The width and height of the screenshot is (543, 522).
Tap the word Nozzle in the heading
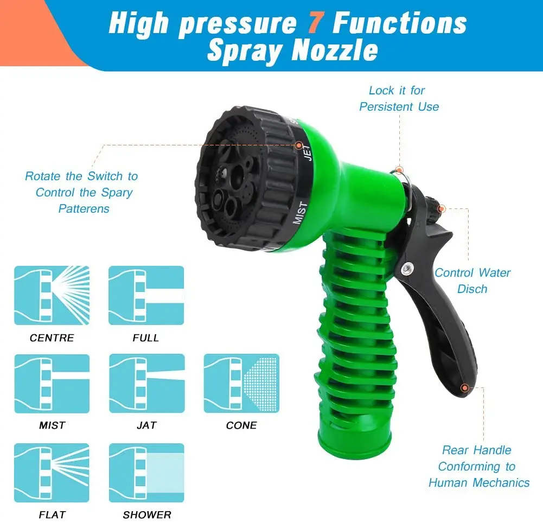point(335,50)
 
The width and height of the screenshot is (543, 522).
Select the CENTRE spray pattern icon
point(52,295)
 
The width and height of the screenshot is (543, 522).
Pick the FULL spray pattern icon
point(146,295)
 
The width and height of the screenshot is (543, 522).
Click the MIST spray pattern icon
point(52,383)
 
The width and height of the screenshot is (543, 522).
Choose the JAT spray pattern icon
point(146,383)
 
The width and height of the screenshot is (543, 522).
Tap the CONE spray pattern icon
point(241,383)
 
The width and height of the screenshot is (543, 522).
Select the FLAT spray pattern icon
point(52,473)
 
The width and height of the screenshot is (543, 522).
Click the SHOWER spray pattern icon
point(146,473)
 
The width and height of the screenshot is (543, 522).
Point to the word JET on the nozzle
point(307,152)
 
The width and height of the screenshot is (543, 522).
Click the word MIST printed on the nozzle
point(300,213)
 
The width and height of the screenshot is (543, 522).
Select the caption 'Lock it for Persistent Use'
point(399,98)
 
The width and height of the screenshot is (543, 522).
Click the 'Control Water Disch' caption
point(472,281)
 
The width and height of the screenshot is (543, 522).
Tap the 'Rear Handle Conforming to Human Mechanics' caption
point(478,466)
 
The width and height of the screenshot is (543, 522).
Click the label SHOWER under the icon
point(146,515)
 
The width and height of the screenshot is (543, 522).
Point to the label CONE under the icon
point(241,425)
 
